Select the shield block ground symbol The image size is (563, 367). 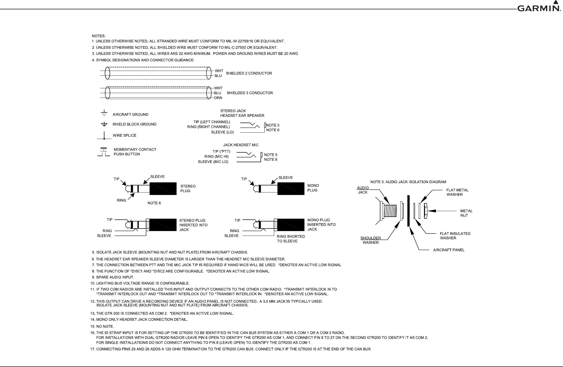104,124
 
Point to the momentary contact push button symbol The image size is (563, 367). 104,152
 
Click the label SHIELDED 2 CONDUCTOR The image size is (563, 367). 249,73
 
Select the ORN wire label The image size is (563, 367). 218,98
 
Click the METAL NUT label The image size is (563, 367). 466,213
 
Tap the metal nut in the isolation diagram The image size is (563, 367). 426,211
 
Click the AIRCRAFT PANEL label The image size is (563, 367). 449,250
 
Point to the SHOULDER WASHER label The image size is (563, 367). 371,240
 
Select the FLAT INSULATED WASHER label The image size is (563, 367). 455,236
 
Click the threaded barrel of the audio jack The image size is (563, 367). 390,211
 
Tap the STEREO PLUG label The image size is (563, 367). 188,188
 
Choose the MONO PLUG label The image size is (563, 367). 313,188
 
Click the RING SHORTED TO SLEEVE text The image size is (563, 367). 291,239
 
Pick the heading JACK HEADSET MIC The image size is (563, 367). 241,145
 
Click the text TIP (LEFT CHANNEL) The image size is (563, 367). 212,122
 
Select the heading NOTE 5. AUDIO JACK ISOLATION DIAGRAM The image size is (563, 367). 408,182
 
